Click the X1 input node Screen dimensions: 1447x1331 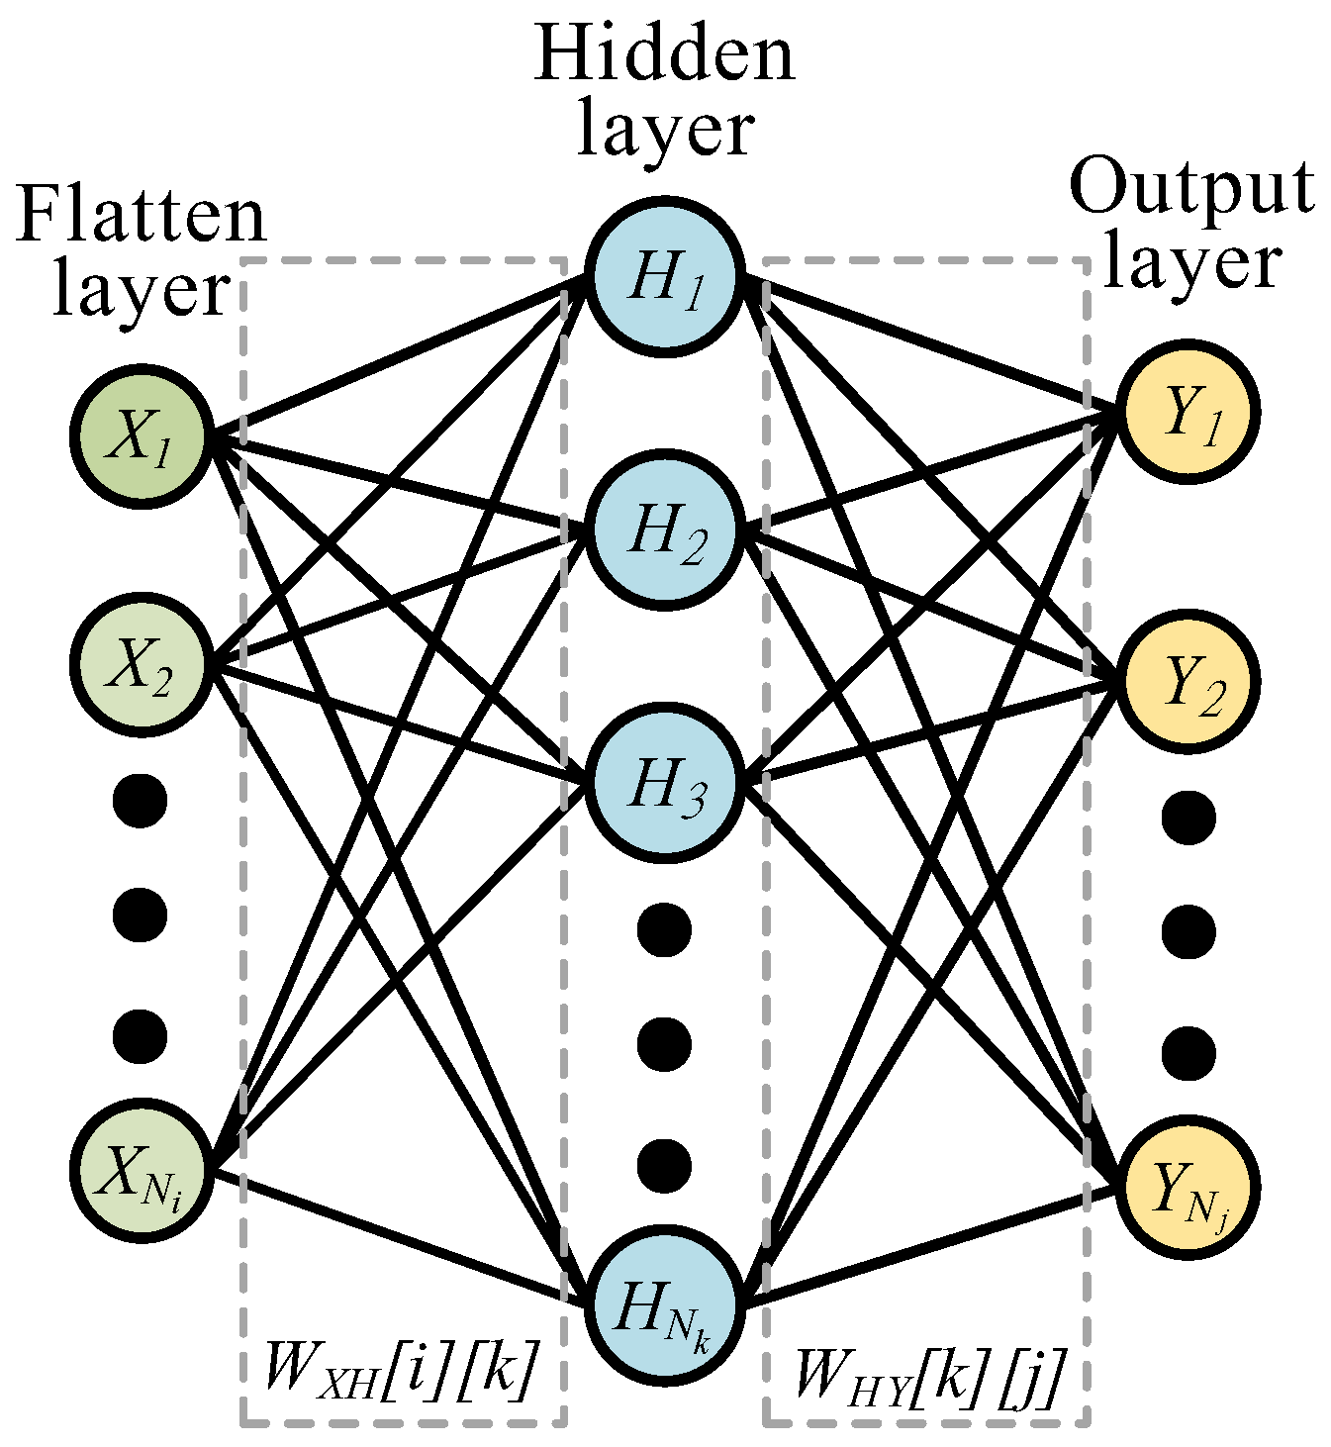pos(142,436)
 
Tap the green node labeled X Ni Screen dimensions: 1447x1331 pos(142,1172)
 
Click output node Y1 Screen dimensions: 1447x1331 pos(1187,413)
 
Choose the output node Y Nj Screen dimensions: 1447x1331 pos(1187,1189)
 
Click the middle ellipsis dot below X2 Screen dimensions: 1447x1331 pos(140,915)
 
